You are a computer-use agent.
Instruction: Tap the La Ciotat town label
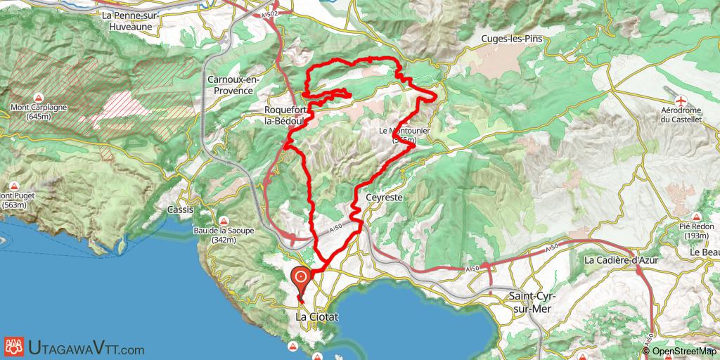point(316,318)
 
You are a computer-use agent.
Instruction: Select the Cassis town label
point(180,210)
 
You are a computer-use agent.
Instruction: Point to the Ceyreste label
point(384,199)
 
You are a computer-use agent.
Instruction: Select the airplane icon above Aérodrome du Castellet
point(681,98)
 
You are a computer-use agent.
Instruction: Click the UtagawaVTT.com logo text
point(86,348)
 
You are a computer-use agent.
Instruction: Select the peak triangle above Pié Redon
point(695,217)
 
